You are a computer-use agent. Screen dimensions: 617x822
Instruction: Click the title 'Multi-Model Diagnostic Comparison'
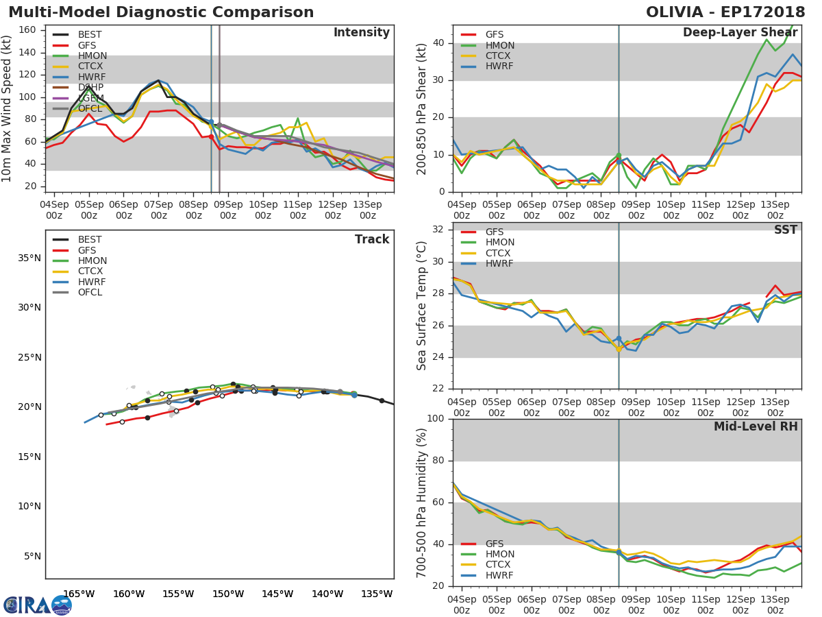point(161,12)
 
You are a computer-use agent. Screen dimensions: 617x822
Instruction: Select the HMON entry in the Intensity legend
point(92,56)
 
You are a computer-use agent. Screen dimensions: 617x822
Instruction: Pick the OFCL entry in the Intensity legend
point(90,109)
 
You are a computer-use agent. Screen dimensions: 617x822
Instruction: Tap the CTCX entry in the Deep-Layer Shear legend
point(499,56)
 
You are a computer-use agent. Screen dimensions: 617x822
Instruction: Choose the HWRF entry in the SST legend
point(499,264)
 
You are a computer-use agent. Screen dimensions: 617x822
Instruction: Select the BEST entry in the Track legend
point(90,240)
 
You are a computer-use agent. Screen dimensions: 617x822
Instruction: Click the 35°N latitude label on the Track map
point(29,258)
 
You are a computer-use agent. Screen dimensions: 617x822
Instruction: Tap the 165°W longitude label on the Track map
point(79,594)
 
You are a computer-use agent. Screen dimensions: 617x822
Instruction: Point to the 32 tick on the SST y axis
point(437,229)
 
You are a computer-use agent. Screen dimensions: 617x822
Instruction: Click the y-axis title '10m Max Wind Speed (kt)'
point(8,109)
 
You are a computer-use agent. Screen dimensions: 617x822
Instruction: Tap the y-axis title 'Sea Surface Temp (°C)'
point(422,306)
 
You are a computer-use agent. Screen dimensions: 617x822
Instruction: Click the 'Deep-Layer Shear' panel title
point(740,33)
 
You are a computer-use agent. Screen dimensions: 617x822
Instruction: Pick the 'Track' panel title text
point(372,239)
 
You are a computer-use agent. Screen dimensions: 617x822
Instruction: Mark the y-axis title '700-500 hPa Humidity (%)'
point(422,503)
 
